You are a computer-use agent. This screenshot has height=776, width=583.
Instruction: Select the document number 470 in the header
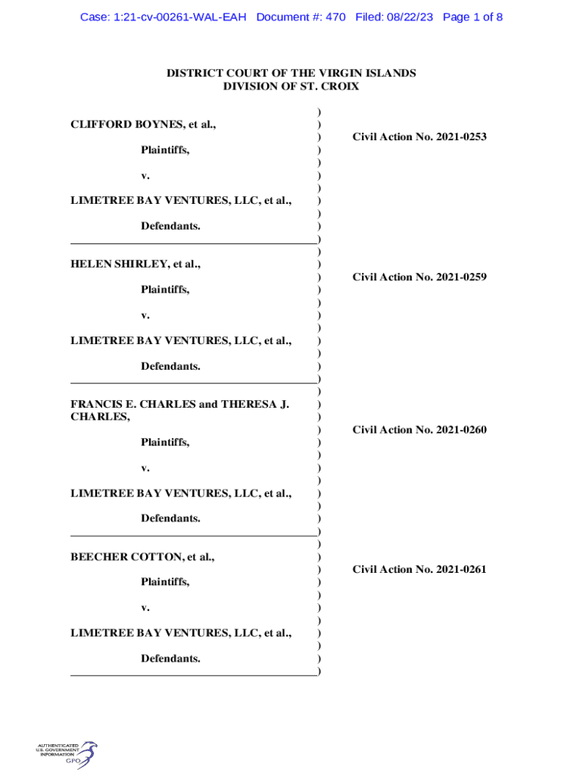(335, 17)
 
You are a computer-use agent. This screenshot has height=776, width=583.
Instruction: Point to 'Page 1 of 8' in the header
(472, 17)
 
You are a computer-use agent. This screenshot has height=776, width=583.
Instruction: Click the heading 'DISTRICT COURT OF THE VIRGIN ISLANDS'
(291, 74)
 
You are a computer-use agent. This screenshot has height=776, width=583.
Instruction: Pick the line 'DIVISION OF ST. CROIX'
(291, 86)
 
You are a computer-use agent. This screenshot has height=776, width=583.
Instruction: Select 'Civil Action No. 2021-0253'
(419, 137)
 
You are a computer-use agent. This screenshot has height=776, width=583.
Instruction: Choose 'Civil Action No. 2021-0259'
(419, 277)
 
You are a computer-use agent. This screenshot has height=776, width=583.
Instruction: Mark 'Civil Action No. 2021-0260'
(419, 430)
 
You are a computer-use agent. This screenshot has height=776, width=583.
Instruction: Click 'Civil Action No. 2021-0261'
(419, 570)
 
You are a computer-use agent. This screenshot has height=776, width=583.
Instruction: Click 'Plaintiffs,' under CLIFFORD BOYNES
(165, 150)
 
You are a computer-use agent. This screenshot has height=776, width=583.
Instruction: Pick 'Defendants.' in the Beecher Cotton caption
(170, 659)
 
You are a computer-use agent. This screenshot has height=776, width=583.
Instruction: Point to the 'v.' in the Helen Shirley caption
(145, 315)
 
